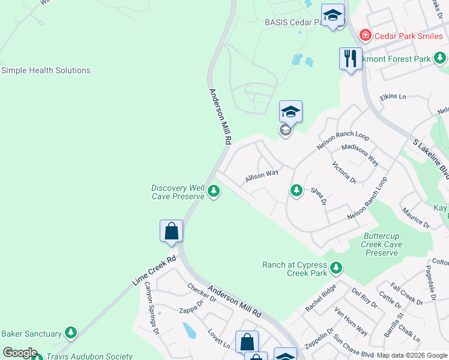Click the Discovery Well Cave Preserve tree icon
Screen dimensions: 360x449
coord(214,192)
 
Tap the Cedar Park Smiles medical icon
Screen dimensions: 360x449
coord(365,36)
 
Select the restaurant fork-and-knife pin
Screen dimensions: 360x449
coord(351,59)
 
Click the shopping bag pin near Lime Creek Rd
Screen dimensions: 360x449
coord(172,231)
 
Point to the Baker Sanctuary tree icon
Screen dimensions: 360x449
coord(71,333)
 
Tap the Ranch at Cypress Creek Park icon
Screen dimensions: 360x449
coord(336,267)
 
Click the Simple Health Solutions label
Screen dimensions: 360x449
coord(46,70)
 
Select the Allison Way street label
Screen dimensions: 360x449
coord(262,176)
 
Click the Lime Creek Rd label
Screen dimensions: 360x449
coord(154,271)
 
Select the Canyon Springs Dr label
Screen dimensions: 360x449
coord(150,308)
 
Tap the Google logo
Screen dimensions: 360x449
coord(20,353)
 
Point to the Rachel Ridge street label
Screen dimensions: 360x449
coord(321,298)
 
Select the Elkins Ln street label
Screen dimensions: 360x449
coord(393,97)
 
